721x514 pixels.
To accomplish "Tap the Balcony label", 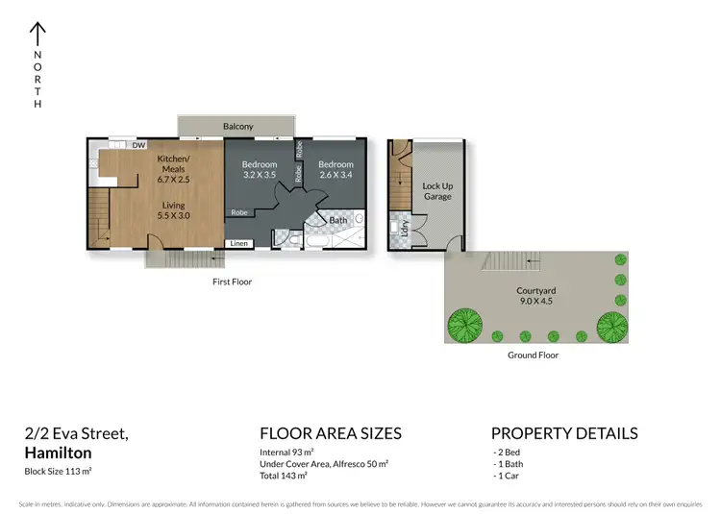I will point(237,127).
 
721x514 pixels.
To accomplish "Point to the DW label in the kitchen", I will point(138,146).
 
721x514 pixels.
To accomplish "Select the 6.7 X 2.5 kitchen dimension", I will point(174,179).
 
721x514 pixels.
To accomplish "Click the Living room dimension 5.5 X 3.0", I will point(174,216).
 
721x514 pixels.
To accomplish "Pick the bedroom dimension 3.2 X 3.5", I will point(259,176).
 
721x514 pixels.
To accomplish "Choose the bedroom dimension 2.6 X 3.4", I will point(336,176).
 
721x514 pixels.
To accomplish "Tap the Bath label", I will point(337,220).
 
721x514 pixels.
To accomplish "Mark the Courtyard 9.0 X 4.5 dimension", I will point(535,301).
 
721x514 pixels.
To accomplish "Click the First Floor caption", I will point(232,282).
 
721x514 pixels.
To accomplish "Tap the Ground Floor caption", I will point(533,355).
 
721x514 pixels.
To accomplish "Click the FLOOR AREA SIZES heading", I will point(331,433).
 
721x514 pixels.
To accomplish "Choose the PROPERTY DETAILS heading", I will point(563,433).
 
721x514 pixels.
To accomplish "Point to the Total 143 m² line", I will point(284,476).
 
